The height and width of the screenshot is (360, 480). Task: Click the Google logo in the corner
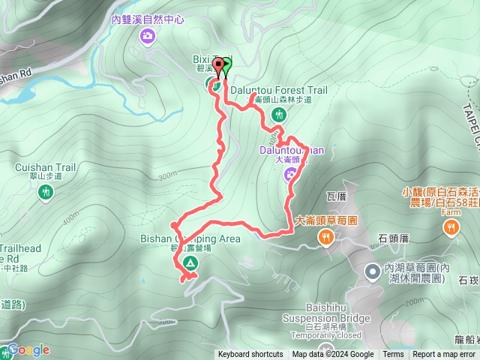pos(28,349)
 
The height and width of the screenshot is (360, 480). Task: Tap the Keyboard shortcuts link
pos(250,355)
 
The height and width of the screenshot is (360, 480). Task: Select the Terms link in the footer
pos(393,355)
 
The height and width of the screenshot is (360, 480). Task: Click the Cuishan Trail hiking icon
pos(46,192)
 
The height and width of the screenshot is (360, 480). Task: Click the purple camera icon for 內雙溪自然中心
pos(148,35)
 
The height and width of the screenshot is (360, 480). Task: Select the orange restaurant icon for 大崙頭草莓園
pos(325,238)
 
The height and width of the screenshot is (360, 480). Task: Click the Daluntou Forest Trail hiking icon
pos(279,115)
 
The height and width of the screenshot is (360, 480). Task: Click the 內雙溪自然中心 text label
pos(148,20)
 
